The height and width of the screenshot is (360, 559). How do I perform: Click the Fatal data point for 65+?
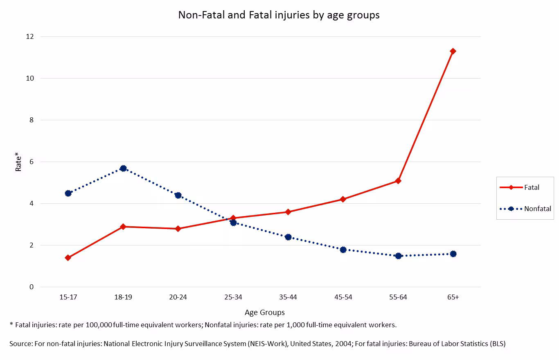click(x=453, y=51)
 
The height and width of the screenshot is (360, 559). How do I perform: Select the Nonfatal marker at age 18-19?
click(x=123, y=169)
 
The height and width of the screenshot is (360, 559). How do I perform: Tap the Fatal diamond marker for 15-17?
click(x=68, y=258)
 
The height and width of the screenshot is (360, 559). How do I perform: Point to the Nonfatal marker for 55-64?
click(x=398, y=256)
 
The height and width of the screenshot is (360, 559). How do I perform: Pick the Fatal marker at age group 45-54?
click(x=343, y=199)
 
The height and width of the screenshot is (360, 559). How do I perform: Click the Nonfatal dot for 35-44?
click(x=288, y=237)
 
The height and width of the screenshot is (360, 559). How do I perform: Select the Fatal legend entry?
click(x=520, y=187)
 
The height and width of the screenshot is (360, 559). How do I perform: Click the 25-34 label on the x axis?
click(x=233, y=297)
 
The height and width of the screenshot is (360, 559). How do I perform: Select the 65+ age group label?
click(x=453, y=297)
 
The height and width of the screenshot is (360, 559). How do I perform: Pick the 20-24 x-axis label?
click(x=178, y=297)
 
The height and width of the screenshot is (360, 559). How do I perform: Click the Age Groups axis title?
click(x=264, y=313)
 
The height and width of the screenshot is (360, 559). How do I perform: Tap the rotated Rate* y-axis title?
click(x=18, y=162)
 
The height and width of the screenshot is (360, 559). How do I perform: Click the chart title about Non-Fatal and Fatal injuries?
click(x=279, y=15)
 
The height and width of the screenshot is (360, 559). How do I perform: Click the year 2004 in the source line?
click(x=343, y=344)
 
